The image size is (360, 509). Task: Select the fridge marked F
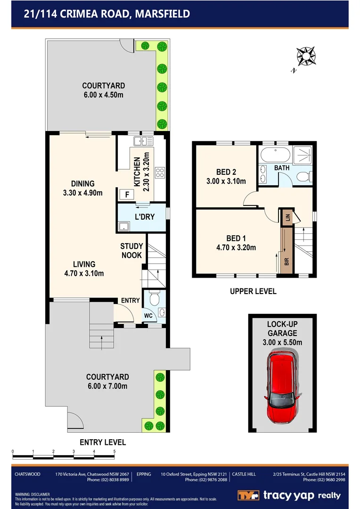(x=125, y=194)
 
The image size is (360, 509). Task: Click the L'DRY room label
(x=144, y=217)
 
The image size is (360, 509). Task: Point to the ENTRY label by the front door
(x=130, y=300)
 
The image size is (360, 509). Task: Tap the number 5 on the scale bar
(x=115, y=452)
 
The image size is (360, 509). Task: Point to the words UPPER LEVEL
(x=253, y=291)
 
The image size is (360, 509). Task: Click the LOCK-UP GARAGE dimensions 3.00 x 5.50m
(x=282, y=342)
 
